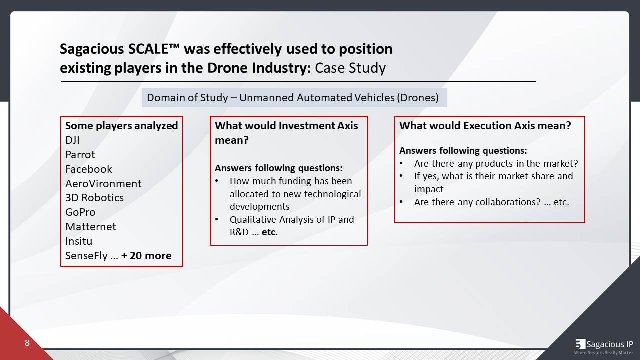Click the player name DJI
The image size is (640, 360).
(x=72, y=140)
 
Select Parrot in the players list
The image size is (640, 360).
(x=80, y=155)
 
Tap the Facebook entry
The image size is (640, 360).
(x=88, y=169)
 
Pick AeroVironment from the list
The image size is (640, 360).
(x=103, y=184)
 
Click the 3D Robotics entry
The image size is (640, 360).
(x=94, y=198)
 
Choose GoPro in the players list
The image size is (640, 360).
(x=80, y=212)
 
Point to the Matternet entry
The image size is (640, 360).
(x=90, y=227)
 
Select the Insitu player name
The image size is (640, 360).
(x=79, y=241)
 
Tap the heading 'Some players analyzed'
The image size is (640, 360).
(x=121, y=126)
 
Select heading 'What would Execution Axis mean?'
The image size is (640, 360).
(x=485, y=126)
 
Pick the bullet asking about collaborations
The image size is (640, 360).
(x=491, y=202)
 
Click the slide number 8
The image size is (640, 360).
(x=27, y=343)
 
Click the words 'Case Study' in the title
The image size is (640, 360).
(x=350, y=68)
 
